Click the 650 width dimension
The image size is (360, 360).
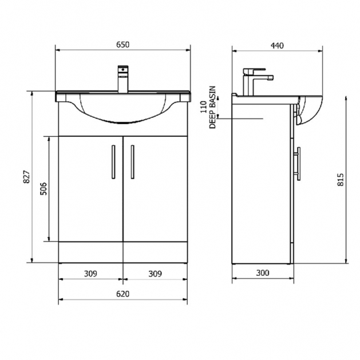(123, 45)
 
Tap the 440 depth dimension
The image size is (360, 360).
(277, 45)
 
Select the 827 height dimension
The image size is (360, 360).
(27, 176)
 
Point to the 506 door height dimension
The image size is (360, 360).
(43, 189)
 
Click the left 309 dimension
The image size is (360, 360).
(90, 274)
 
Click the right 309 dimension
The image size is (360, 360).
(155, 274)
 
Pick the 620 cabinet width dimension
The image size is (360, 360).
(123, 294)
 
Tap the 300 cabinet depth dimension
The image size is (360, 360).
(263, 273)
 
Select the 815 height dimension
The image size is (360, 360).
(341, 180)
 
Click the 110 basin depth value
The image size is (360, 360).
(203, 107)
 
